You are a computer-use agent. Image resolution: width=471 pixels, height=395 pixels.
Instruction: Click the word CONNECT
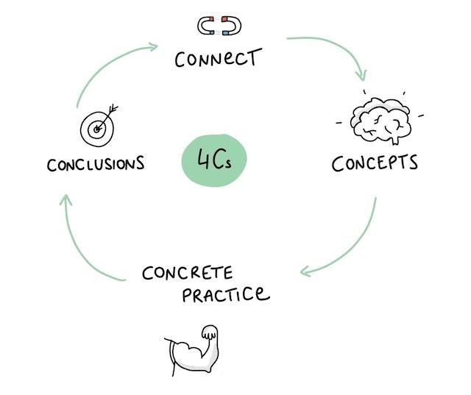pyautogui.click(x=218, y=57)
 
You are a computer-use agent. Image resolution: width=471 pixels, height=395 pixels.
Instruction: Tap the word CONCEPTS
pyautogui.click(x=375, y=163)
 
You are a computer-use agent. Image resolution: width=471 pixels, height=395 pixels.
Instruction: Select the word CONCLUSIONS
pyautogui.click(x=96, y=164)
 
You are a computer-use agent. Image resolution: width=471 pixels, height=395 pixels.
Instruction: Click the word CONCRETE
pyautogui.click(x=188, y=273)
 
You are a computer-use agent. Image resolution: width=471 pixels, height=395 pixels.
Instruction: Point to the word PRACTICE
pyautogui.click(x=226, y=293)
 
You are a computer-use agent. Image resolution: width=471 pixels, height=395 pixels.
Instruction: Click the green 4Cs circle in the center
pyautogui.click(x=214, y=160)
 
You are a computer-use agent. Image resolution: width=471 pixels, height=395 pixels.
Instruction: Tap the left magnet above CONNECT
pyautogui.click(x=206, y=26)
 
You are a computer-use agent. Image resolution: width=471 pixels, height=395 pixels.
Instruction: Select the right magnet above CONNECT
pyautogui.click(x=232, y=26)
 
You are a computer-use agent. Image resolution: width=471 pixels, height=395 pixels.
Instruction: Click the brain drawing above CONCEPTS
pyautogui.click(x=381, y=120)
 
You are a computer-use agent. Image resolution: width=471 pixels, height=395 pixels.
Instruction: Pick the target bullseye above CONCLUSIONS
pyautogui.click(x=96, y=129)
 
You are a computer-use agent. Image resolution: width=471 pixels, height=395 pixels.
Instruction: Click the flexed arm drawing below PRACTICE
pyautogui.click(x=191, y=350)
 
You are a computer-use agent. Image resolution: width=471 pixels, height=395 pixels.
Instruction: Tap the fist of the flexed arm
pyautogui.click(x=209, y=332)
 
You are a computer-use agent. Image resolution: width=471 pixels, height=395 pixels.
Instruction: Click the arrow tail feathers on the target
pyautogui.click(x=113, y=109)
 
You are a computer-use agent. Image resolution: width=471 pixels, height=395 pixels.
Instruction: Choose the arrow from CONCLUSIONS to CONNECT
pyautogui.click(x=108, y=65)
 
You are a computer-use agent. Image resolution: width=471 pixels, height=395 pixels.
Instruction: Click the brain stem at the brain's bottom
pyautogui.click(x=395, y=140)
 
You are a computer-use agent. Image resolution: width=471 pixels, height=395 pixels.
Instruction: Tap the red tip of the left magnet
pyautogui.click(x=211, y=19)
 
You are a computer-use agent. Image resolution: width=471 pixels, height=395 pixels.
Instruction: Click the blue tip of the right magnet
pyautogui.click(x=225, y=32)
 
